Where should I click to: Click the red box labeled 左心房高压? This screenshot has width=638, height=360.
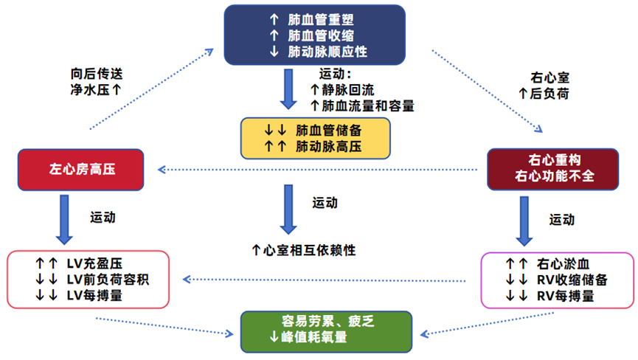pos(80,169)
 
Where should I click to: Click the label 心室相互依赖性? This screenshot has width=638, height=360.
pos(309,250)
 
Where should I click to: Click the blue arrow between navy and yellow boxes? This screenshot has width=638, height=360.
pos(283,90)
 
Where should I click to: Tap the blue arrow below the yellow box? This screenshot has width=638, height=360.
pos(284,210)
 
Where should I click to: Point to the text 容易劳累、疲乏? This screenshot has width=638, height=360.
pos(325,322)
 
